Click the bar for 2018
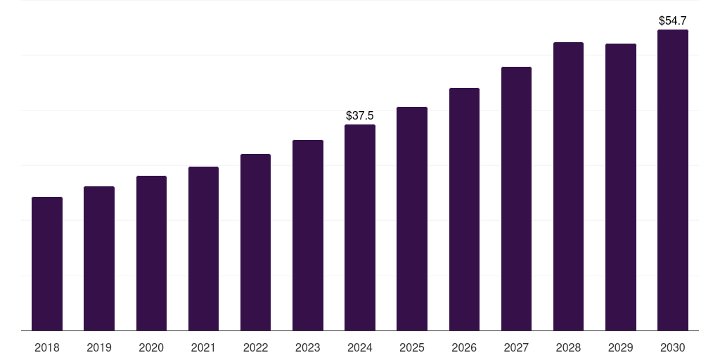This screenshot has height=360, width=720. [x=47, y=264]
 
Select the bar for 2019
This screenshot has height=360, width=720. [x=99, y=258]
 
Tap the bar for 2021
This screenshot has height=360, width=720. [x=203, y=248]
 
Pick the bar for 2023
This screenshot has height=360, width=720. [x=308, y=235]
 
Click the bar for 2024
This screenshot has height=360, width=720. [x=360, y=227]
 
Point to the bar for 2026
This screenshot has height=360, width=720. [x=464, y=209]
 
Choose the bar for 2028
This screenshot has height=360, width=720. [x=568, y=186]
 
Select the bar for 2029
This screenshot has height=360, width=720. [x=621, y=187]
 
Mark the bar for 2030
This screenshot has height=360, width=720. [x=673, y=180]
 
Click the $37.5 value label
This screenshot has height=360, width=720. [x=360, y=115]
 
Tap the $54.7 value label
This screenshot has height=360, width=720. [x=673, y=20]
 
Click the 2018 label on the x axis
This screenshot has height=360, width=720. [x=47, y=347]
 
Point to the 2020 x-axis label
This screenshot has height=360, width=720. [x=151, y=347]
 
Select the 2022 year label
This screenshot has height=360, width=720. [x=256, y=347]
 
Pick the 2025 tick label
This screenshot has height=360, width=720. [x=412, y=347]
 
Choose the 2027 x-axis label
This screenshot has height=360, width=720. [x=516, y=347]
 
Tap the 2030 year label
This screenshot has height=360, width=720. [x=673, y=347]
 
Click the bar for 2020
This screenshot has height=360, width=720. [x=151, y=253]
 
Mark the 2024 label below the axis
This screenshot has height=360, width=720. [x=360, y=347]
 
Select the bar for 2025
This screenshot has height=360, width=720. [x=412, y=219]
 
